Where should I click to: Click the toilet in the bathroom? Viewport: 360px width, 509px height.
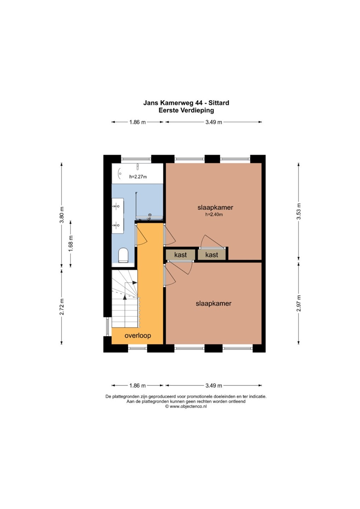(x=123, y=255)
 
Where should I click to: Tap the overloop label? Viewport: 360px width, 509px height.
(x=138, y=335)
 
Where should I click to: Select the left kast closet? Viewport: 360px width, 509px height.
(x=180, y=255)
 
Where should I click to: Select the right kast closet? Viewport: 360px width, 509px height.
(x=211, y=255)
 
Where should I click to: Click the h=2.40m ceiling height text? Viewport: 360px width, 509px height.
(x=214, y=214)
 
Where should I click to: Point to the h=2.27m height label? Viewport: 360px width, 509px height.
(x=138, y=177)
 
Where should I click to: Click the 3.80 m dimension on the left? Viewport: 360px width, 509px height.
(x=62, y=215)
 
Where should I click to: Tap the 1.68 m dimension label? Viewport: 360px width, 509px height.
(x=71, y=243)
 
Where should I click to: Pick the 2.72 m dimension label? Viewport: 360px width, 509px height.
(x=62, y=306)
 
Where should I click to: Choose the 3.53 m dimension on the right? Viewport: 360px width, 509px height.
(x=298, y=211)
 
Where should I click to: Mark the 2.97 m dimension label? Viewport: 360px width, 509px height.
(x=298, y=303)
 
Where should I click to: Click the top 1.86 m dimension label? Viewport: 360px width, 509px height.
(x=138, y=122)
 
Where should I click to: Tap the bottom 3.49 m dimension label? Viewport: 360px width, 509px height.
(x=214, y=386)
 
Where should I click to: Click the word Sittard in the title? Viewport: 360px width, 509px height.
(x=219, y=103)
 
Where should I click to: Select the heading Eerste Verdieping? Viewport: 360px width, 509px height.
(x=186, y=110)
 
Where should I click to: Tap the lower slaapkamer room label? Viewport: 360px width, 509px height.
(x=214, y=303)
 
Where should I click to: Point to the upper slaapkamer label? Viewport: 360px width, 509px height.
(x=215, y=207)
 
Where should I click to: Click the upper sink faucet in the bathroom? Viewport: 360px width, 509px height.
(x=116, y=206)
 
